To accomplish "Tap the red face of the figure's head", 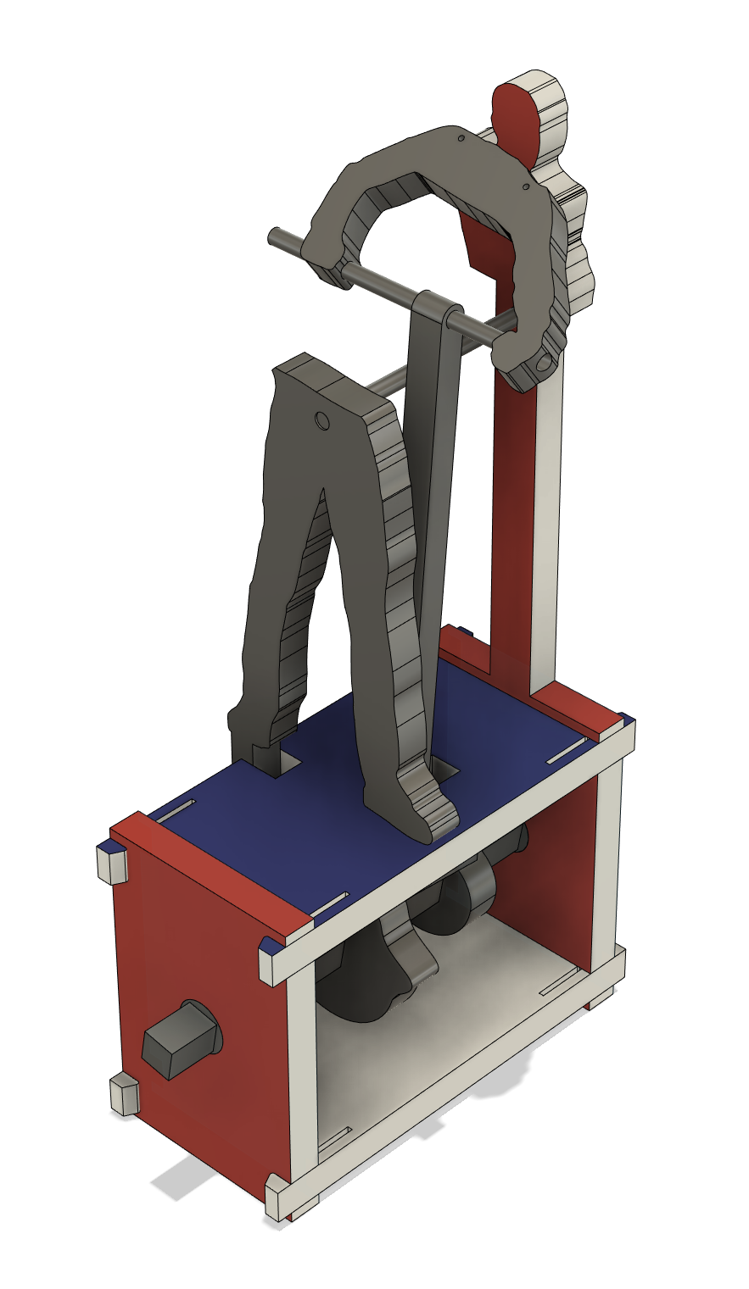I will [516, 124].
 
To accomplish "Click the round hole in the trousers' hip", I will [322, 420].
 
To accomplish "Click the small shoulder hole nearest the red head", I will [525, 186].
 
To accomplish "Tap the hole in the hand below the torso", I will [540, 364].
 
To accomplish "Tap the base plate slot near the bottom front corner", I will [335, 1141].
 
